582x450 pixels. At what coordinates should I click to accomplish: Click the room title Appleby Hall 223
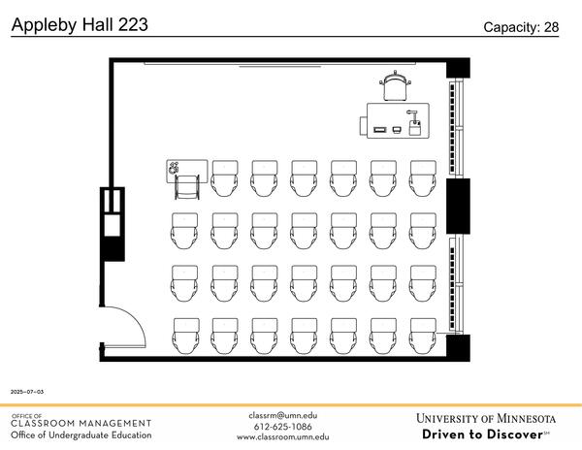pos(80,25)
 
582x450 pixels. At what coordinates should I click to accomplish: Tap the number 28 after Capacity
pos(550,27)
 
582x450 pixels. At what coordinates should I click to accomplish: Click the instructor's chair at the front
pos(396,86)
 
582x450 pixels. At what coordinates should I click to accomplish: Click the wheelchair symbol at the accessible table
pos(175,168)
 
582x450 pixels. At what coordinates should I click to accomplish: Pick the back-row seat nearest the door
pos(185,336)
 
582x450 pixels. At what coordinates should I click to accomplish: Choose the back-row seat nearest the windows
pos(423,336)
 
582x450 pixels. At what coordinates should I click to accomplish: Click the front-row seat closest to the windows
pos(423,177)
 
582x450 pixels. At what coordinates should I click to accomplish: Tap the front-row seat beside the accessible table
pos(225,177)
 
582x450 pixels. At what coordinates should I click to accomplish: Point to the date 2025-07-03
pos(27,391)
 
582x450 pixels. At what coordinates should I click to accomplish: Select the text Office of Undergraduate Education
pos(81,434)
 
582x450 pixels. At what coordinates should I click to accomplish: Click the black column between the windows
pos(458,205)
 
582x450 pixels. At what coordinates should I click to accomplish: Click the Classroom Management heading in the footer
pos(81,423)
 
